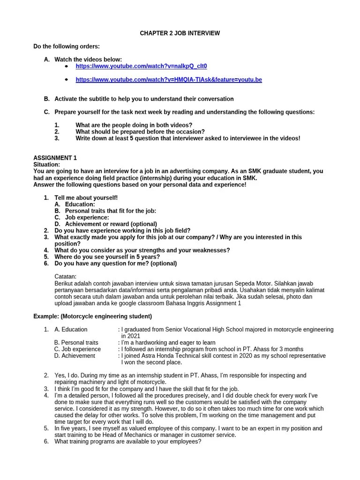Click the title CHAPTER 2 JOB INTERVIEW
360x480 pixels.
180,33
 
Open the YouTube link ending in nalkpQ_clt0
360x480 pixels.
141,67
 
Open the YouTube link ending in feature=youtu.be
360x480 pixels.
168,80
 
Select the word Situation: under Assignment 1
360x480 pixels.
46,165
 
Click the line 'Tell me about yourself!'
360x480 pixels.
86,198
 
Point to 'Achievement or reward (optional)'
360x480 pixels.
111,224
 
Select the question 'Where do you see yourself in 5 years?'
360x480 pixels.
107,257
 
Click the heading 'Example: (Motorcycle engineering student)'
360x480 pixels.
92,316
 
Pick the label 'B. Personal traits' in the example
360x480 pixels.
76,343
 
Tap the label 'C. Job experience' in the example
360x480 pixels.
77,349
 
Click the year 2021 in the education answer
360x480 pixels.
130,336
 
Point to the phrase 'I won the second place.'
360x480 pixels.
151,362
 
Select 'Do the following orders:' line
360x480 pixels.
66,46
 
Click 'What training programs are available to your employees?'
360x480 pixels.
127,441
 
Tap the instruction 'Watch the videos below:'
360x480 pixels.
88,60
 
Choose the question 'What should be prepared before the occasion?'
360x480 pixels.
140,132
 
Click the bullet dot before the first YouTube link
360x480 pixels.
66,67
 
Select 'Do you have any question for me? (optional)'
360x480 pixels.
115,263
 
